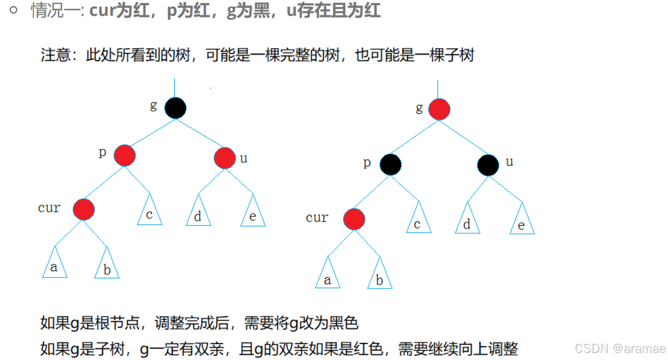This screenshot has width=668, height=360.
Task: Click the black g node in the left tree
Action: (175, 108)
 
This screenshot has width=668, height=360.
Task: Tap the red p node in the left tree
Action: (125, 155)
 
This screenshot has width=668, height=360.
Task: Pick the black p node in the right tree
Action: (390, 165)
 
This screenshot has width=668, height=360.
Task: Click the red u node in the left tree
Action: (224, 157)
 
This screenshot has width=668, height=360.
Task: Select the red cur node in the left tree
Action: (84, 209)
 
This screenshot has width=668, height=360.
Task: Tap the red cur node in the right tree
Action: (354, 219)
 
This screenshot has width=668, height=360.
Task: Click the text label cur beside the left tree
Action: (49, 208)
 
